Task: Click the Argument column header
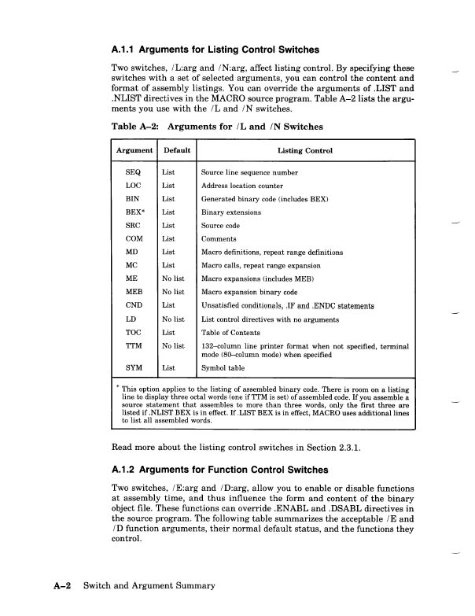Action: tap(133, 150)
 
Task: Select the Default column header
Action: tap(176, 150)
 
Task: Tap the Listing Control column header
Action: tap(305, 150)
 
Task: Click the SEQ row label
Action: tap(134, 171)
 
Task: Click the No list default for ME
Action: tap(173, 278)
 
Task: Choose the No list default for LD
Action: tap(173, 319)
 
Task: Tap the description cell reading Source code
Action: tap(225, 225)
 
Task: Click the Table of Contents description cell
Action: tap(234, 334)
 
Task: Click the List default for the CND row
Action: tap(169, 305)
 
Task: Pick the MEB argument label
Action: tap(134, 292)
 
